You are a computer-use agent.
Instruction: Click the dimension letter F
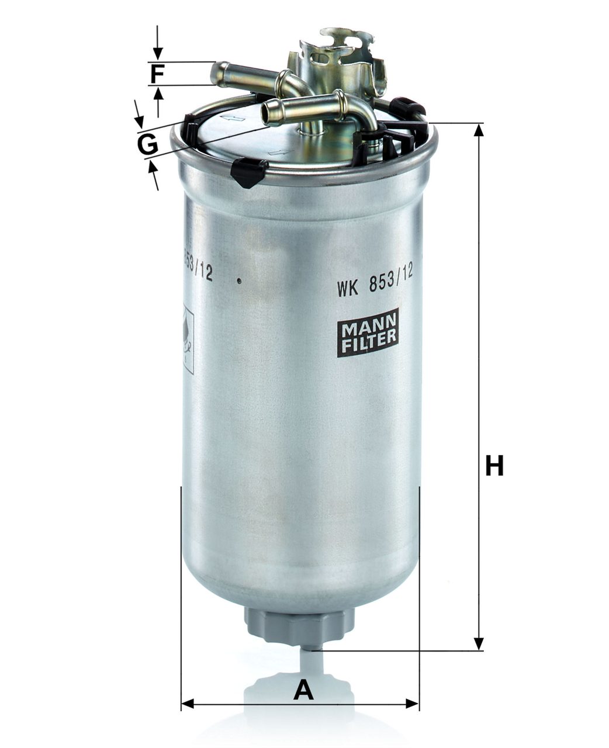(157, 74)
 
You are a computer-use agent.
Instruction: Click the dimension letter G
(147, 144)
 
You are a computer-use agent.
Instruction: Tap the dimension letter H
(494, 466)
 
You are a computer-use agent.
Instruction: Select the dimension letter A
(303, 690)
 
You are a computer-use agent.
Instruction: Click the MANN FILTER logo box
(368, 333)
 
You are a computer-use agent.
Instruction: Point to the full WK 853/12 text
(375, 287)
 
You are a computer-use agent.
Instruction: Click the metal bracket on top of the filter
(339, 58)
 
